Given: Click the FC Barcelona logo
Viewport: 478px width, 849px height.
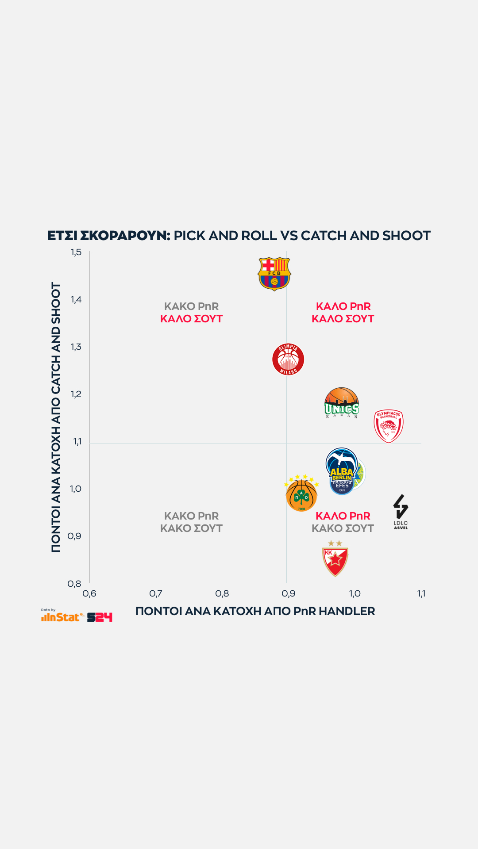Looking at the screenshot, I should click(274, 274).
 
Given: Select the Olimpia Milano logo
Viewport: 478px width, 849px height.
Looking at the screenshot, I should click(288, 359).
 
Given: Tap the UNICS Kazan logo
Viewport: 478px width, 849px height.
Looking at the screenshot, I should click(342, 403).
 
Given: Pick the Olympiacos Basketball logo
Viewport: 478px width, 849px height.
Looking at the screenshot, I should click(389, 426).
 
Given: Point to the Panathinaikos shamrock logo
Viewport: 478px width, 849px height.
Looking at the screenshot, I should click(301, 495).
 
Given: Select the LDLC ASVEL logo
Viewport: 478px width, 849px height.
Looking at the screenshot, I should click(401, 512).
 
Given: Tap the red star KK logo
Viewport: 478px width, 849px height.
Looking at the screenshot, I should click(335, 559).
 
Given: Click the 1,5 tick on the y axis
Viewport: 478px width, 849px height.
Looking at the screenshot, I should click(76, 252).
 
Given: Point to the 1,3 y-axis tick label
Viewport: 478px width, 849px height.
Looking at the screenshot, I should click(76, 347).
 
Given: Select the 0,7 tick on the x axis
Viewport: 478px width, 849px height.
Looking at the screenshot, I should click(156, 593).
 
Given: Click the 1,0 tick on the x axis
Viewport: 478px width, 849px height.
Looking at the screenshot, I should click(355, 593).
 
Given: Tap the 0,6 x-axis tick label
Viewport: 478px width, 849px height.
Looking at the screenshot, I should click(89, 593).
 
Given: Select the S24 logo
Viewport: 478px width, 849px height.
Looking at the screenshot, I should click(100, 617).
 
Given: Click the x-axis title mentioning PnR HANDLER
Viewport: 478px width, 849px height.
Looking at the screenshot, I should click(255, 611).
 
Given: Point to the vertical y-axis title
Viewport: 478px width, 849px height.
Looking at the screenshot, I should click(56, 417).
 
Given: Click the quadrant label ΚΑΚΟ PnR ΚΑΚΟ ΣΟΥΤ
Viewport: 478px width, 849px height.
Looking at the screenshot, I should click(191, 522).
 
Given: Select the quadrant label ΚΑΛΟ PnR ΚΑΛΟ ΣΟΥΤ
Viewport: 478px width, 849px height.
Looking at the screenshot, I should click(343, 313).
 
